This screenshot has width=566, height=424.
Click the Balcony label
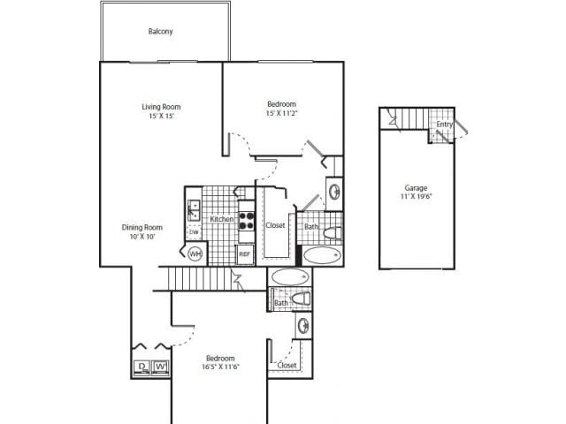click(x=160, y=32)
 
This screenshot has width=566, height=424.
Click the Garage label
click(x=416, y=188)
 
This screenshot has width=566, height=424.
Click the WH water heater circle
click(x=195, y=254)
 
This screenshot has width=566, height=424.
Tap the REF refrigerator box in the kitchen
click(x=245, y=254)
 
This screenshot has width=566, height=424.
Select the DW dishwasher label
click(x=194, y=232)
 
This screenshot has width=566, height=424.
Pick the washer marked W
click(x=160, y=367)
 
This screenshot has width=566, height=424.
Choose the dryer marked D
click(x=141, y=367)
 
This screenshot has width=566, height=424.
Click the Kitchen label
click(x=221, y=218)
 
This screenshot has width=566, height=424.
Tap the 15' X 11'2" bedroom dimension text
click(x=281, y=114)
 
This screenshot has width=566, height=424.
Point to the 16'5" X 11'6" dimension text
click(x=219, y=367)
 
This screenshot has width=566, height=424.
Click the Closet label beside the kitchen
click(x=275, y=225)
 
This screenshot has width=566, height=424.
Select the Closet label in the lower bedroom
click(x=287, y=365)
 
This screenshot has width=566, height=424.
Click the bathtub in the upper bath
click(x=321, y=256)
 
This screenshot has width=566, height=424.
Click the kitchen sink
click(x=193, y=210)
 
